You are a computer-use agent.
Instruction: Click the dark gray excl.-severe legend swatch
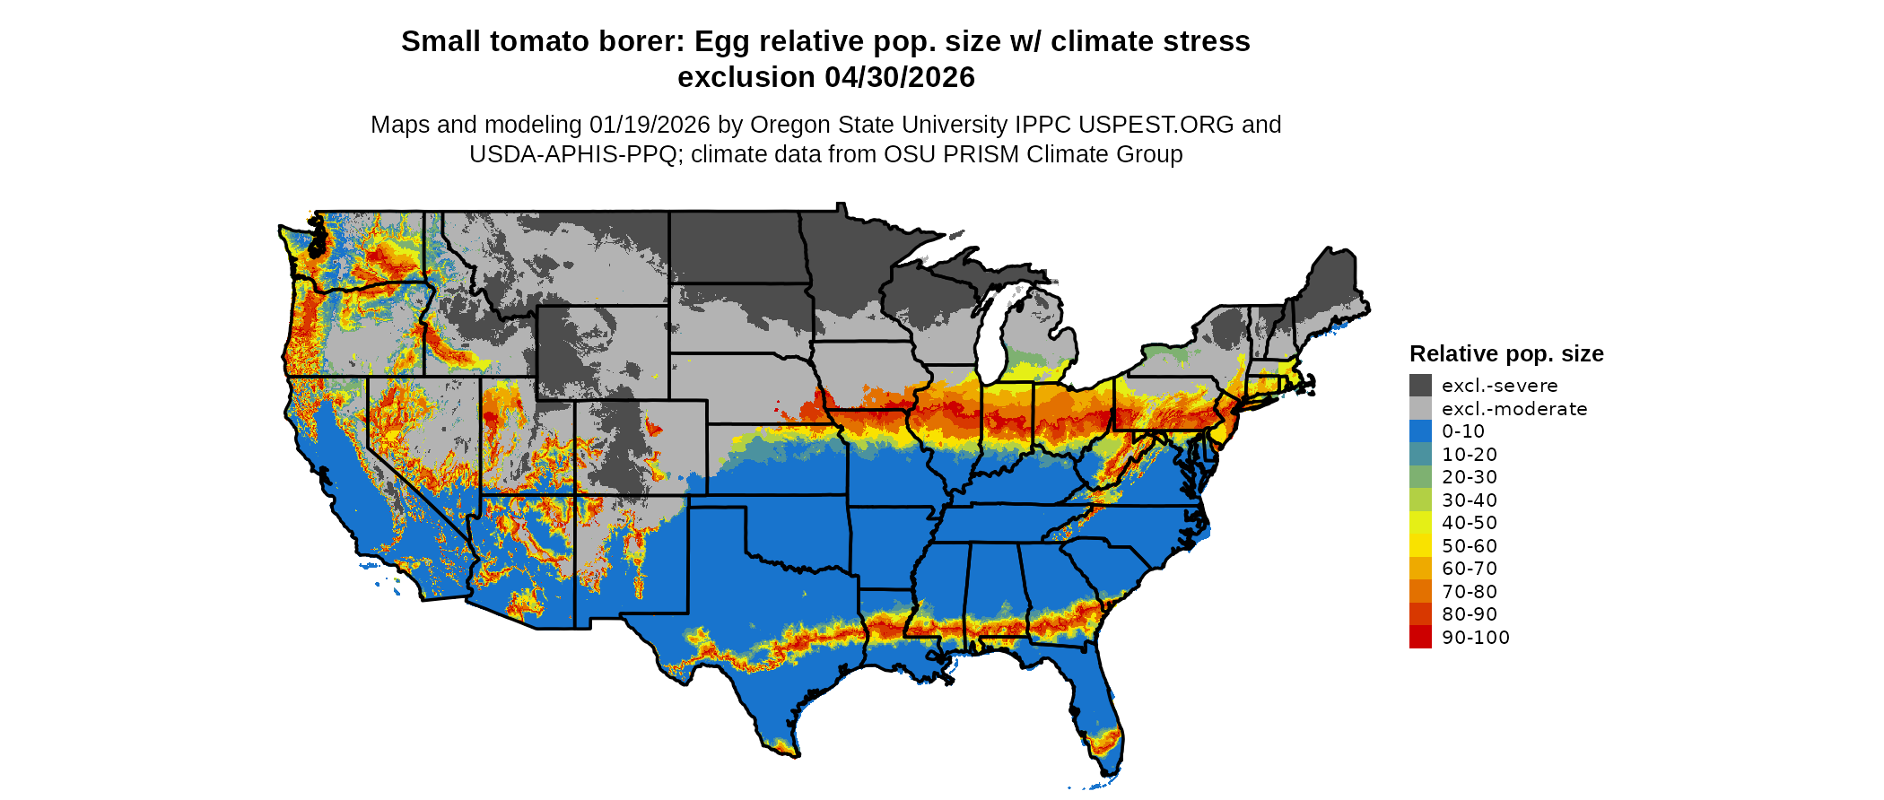(x=1420, y=386)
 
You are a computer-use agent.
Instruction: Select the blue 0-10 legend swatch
(x=1420, y=431)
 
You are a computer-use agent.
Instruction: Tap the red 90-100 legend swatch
(x=1420, y=638)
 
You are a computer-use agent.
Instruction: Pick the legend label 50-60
(x=1470, y=546)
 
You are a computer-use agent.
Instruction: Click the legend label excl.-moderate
(x=1514, y=409)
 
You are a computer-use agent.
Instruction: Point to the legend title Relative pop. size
(x=1506, y=353)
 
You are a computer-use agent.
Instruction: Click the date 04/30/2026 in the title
(x=900, y=77)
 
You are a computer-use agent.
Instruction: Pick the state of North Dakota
(x=736, y=247)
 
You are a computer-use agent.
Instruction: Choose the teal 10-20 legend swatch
(x=1420, y=455)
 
